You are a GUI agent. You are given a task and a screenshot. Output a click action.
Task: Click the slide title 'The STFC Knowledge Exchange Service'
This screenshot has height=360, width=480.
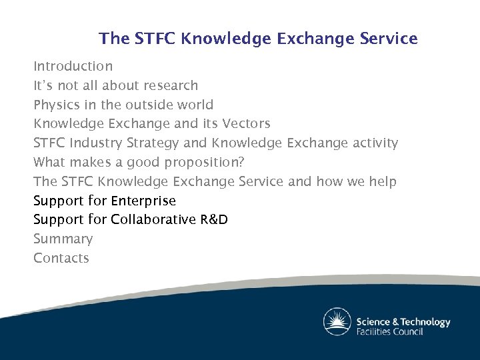click(258, 39)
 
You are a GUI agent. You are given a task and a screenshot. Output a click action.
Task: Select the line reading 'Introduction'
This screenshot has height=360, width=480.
click(73, 66)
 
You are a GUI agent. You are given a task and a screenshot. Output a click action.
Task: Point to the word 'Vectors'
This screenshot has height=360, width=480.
click(246, 124)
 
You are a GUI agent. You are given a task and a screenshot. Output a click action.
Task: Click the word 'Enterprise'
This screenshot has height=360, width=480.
click(143, 201)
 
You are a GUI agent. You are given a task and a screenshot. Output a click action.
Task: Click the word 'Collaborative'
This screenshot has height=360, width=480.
click(153, 220)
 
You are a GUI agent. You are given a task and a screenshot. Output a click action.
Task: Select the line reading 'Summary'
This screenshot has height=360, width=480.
click(63, 239)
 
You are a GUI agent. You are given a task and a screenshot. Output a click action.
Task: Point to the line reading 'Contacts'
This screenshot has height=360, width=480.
click(61, 258)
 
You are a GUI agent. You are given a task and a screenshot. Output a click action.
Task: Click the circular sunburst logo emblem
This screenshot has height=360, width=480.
click(337, 322)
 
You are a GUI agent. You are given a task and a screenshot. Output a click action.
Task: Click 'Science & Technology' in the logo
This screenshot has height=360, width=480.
click(403, 321)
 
